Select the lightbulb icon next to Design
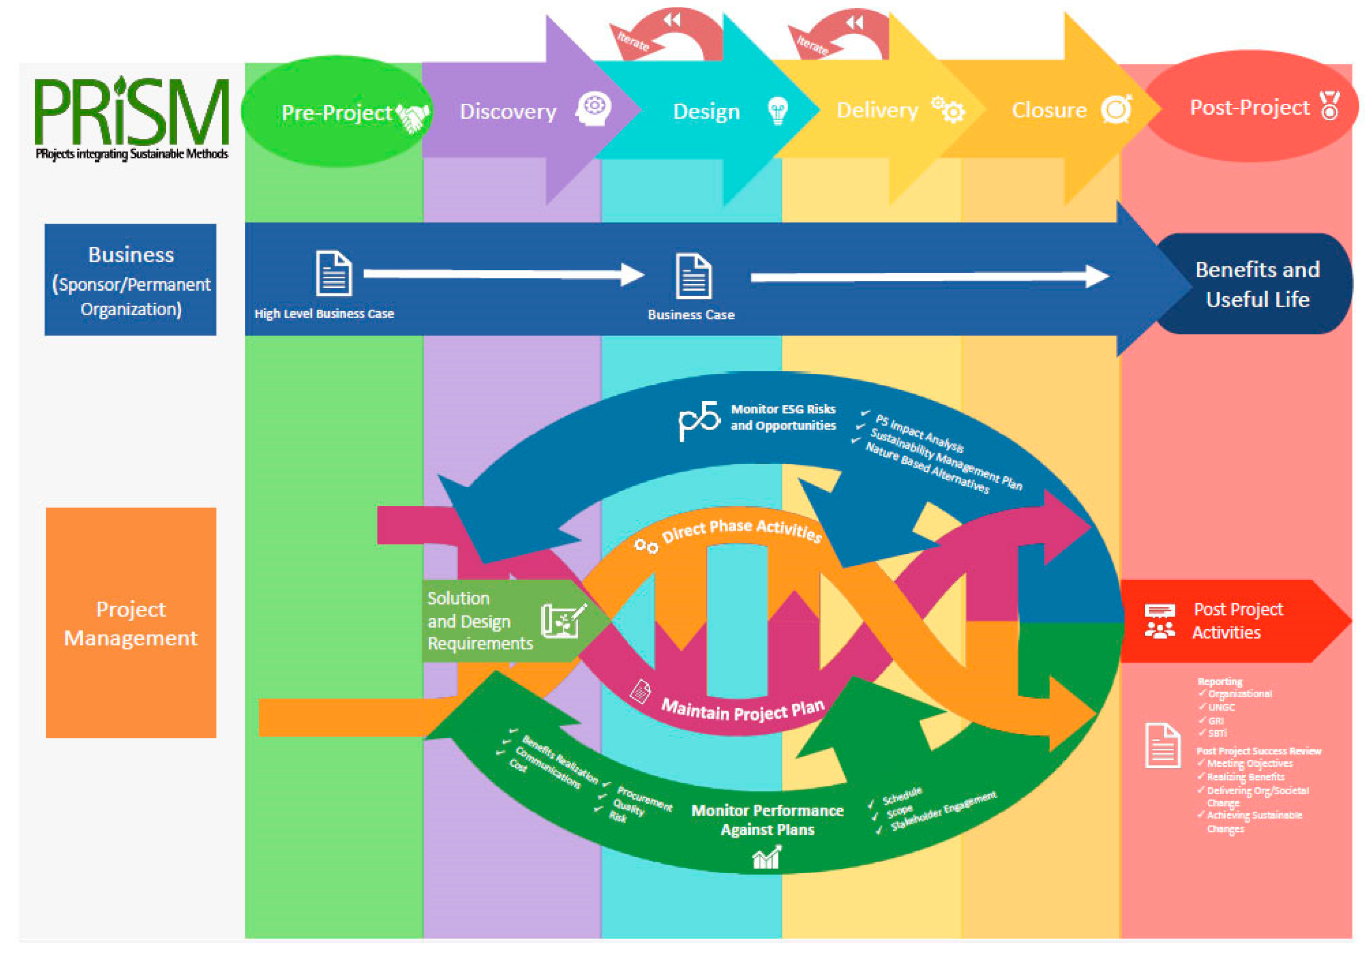coord(777,111)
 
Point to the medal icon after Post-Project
coord(1329,106)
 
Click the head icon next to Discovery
coord(593,109)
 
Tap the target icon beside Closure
coord(1116,109)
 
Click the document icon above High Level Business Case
coord(334,273)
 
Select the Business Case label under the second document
coord(691,315)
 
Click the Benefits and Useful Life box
coord(1257,284)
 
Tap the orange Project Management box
coord(131,623)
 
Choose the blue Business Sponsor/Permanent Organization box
coord(131,280)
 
